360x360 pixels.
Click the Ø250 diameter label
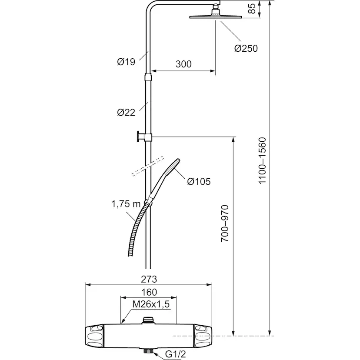pos(246,48)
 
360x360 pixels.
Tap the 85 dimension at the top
pos(252,9)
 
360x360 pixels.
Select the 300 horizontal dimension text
pos(183,64)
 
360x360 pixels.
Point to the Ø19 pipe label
pos(126,62)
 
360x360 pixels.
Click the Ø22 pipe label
pos(126,113)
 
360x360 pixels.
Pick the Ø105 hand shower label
pos(199,182)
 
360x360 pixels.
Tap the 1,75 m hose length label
pos(126,204)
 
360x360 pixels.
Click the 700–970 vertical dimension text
pos(225,223)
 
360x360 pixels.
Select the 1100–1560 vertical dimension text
pos(262,160)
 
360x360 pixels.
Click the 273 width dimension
pos(149,279)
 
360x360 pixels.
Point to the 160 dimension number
pos(149,292)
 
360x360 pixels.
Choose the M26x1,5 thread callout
pos(151,304)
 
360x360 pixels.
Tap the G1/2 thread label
pos(175,354)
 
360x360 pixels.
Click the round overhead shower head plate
pos(216,17)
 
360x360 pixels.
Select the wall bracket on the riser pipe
pos(144,137)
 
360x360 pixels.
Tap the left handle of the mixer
pos(94,336)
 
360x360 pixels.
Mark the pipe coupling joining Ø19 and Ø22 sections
pos(148,77)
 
